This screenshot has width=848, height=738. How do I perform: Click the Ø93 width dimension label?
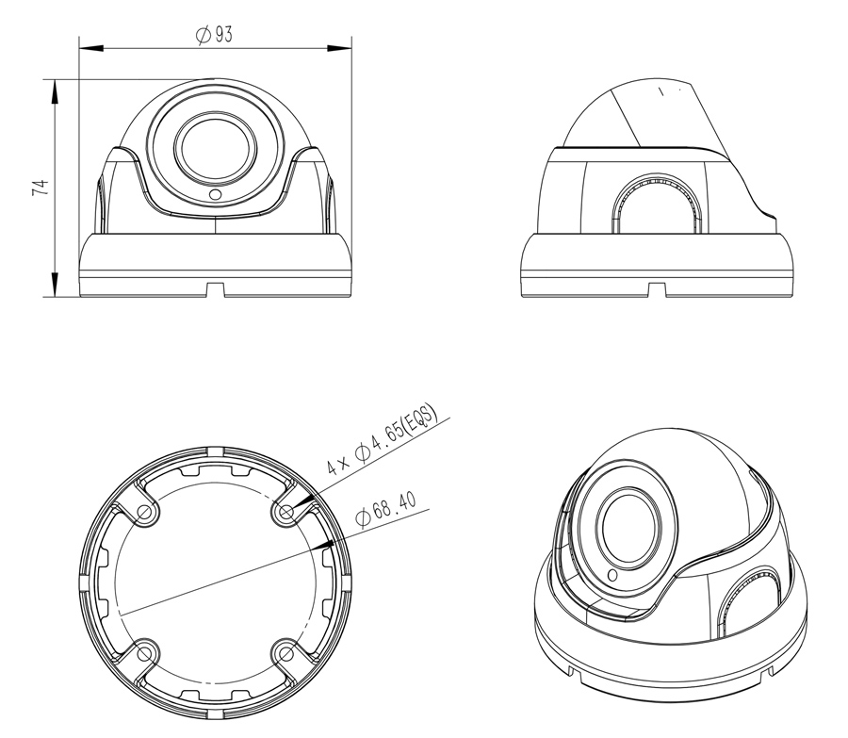(214, 35)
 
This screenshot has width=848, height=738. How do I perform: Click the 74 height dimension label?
(40, 188)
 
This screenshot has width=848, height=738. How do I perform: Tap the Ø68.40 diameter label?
(386, 509)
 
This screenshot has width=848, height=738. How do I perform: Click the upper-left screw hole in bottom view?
(144, 511)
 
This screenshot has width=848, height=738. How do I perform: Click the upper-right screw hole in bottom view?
(286, 511)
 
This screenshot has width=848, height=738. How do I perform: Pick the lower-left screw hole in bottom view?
(144, 654)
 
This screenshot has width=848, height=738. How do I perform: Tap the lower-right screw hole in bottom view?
(286, 654)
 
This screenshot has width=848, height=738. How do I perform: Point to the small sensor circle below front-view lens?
(215, 194)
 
